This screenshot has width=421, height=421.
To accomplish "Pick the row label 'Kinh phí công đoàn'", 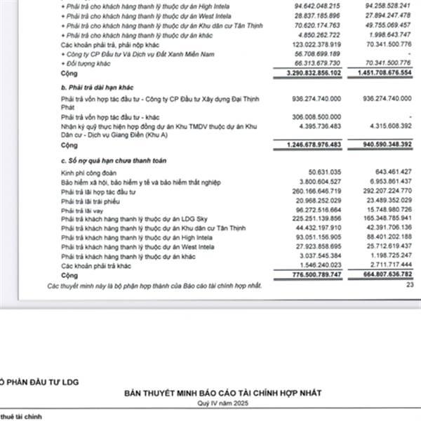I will pos(87,172).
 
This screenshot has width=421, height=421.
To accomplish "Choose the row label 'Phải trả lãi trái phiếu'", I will pos(93,201).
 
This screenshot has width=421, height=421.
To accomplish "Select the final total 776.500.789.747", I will pos(320,276).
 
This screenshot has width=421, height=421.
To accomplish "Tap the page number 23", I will pos(410,285).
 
